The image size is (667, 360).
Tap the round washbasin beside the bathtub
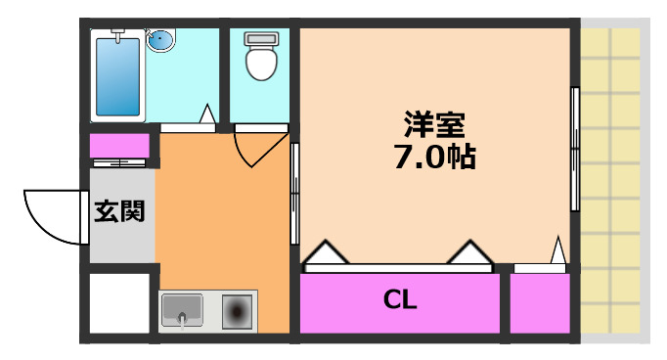point(159,41)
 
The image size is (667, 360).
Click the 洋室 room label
point(435,124)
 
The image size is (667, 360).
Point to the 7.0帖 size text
point(434,156)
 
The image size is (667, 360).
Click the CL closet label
point(400,300)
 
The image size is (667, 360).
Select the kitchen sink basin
point(182,312)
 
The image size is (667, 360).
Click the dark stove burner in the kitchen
point(237,312)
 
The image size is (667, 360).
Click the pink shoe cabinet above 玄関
point(119,146)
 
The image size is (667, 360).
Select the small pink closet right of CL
point(539,303)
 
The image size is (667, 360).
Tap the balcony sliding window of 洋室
point(575,147)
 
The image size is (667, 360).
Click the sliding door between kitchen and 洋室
point(294,196)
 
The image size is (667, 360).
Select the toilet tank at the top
point(260,40)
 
